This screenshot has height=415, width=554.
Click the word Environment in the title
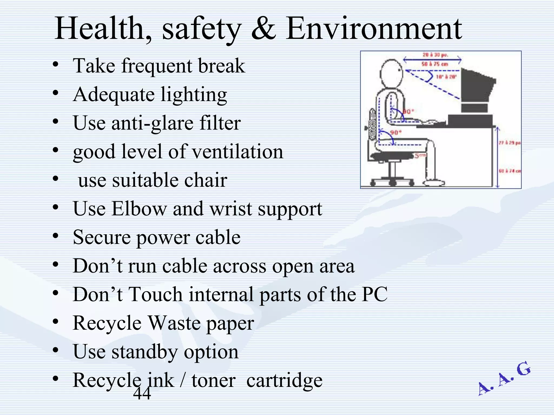point(374,29)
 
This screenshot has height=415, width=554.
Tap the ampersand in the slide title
point(264,29)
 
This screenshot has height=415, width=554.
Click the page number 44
point(142,393)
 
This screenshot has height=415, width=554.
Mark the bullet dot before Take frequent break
point(55,65)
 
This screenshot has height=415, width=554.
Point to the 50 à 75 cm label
point(435,64)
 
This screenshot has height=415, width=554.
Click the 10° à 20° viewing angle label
point(446,77)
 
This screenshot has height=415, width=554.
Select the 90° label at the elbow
point(408,112)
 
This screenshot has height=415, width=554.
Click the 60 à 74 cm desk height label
point(510,171)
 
